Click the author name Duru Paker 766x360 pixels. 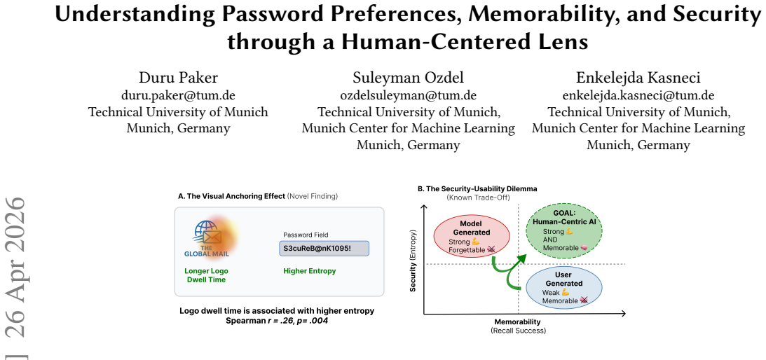[178, 77]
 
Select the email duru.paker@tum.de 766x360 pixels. [178, 95]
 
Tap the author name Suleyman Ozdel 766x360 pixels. [409, 77]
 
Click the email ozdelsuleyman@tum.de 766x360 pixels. [409, 95]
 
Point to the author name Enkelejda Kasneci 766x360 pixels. [638, 77]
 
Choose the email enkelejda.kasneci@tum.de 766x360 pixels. [638, 95]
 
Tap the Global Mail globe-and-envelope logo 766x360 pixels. [207, 239]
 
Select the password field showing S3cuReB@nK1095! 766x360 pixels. [324, 248]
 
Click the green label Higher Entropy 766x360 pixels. [310, 271]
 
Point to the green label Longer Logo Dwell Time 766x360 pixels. [206, 275]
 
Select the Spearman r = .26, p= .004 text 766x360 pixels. [277, 321]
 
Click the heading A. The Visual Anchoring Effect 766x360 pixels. [231, 196]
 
